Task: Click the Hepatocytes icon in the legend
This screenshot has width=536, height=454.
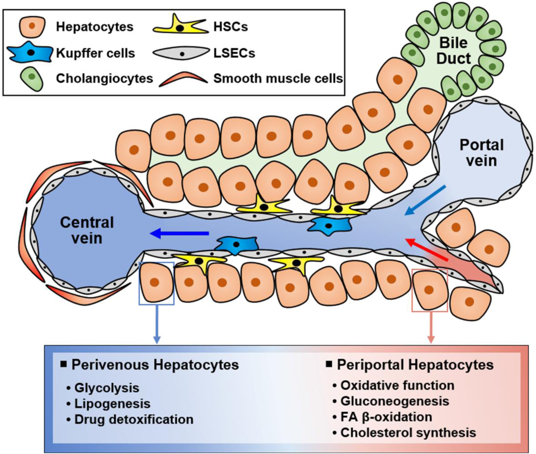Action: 32,26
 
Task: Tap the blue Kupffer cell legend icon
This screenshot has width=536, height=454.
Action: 31,52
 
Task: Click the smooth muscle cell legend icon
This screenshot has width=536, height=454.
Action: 183,79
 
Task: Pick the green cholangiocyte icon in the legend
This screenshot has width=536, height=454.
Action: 32,78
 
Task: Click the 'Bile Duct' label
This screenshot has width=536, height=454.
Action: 453,51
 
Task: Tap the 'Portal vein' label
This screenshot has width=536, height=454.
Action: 481,153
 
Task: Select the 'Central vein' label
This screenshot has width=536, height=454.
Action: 87,230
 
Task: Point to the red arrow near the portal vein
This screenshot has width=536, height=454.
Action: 428,251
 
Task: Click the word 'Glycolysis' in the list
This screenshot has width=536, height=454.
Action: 106,388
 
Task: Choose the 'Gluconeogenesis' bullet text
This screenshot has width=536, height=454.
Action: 395,401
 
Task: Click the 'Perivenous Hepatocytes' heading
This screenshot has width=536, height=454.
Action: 155,365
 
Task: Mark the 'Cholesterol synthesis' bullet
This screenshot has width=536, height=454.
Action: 408,432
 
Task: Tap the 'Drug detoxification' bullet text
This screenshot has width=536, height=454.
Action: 134,419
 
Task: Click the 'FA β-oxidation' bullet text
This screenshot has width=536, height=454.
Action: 386,417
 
